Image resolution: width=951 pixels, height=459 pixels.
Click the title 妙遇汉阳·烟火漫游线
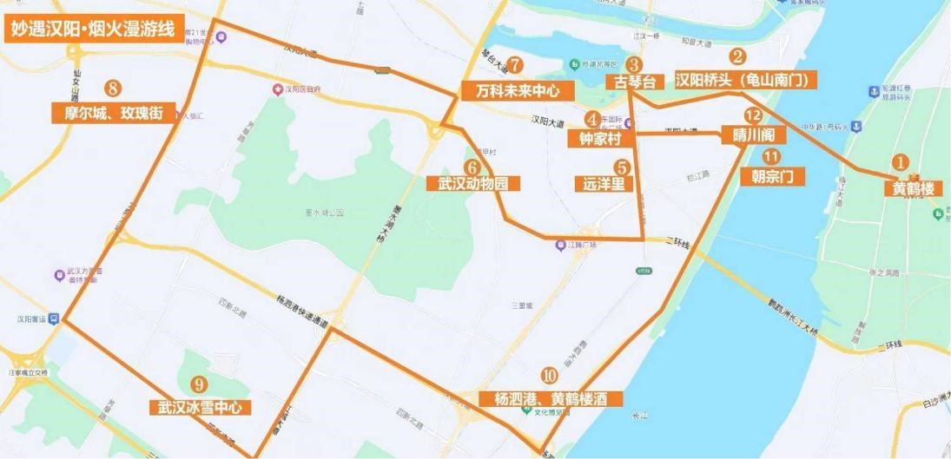tap(93, 30)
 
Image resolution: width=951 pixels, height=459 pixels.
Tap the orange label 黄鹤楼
tap(913, 187)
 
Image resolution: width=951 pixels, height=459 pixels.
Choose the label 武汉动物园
tap(472, 183)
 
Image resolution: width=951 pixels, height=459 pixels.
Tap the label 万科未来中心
tap(518, 89)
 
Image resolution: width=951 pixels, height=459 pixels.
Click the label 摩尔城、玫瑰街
tap(112, 112)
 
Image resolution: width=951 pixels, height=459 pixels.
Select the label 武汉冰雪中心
tap(199, 407)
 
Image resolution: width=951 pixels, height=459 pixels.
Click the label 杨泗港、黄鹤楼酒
tap(551, 398)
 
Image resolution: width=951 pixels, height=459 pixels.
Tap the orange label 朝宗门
tap(772, 176)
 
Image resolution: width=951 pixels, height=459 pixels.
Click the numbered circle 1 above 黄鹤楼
tap(901, 162)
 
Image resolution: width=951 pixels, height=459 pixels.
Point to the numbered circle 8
tap(112, 88)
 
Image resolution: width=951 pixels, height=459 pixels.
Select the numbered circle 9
tap(201, 384)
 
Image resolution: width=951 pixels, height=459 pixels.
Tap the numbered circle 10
tap(549, 376)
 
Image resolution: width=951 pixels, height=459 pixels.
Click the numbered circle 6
tap(472, 165)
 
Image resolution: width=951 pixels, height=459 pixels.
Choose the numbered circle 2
tap(737, 57)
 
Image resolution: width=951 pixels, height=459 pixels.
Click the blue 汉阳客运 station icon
tap(54, 318)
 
